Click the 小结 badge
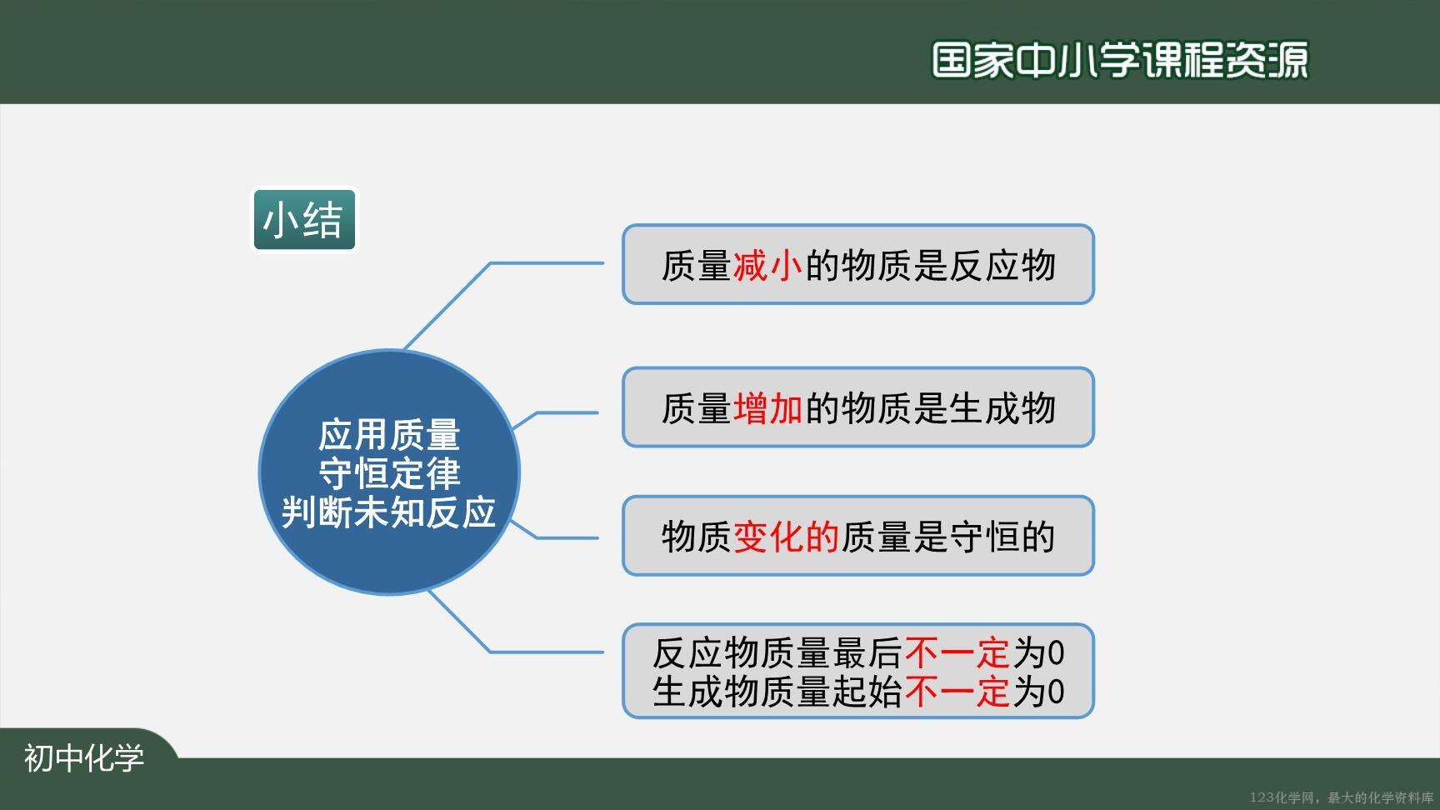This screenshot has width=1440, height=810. [304, 220]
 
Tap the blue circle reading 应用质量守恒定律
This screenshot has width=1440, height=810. [389, 472]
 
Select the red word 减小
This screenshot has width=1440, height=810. [767, 266]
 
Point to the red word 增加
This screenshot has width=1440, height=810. [767, 408]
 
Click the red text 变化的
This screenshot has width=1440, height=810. [786, 537]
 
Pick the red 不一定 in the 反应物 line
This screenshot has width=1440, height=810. [957, 653]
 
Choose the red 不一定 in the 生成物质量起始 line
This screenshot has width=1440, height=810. [957, 692]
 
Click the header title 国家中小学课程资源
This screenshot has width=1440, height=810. [1119, 60]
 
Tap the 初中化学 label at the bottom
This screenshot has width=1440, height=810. [84, 758]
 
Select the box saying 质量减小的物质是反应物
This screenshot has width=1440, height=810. [857, 264]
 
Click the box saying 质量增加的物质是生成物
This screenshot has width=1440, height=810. [857, 407]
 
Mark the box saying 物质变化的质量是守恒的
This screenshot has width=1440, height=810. [857, 536]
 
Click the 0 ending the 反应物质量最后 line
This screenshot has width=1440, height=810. [1056, 654]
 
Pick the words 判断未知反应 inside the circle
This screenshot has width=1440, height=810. [389, 512]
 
